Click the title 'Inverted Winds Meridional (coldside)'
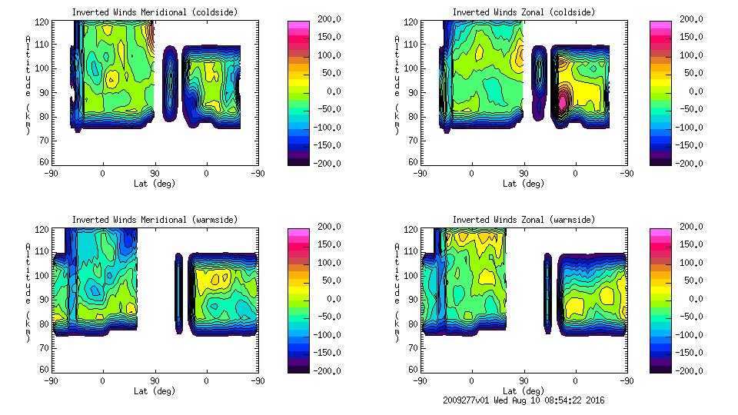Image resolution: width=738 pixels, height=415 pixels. pos(155,12)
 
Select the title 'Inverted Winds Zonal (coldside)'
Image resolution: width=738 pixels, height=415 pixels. pos(524,12)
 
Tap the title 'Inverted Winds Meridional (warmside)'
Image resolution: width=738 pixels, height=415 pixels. pos(155,220)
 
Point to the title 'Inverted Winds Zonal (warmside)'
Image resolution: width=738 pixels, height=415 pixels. pos(524,220)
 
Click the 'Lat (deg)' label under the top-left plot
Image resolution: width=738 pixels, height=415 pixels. pos(155,184)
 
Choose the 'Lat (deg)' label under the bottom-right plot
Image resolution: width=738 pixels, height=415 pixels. pos(524,391)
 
